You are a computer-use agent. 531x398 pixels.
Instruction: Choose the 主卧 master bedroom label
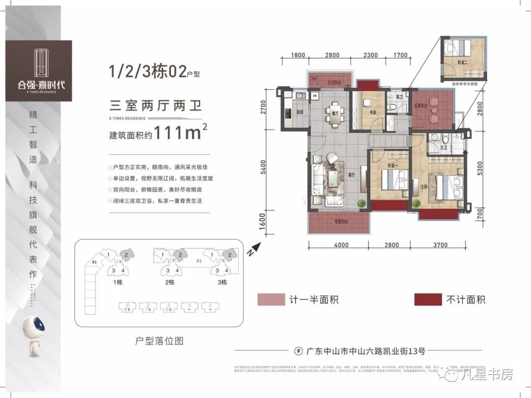pyautogui.click(x=424, y=187)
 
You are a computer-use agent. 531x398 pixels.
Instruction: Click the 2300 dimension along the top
pyautogui.click(x=371, y=55)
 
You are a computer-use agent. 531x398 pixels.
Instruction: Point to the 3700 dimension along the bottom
pyautogui.click(x=440, y=245)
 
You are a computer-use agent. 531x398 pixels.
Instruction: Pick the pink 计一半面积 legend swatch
pyautogui.click(x=271, y=299)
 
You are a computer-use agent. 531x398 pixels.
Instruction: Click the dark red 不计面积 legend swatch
pyautogui.click(x=428, y=299)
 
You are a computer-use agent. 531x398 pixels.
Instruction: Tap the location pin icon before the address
pyautogui.click(x=298, y=351)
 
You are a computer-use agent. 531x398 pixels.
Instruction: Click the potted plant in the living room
pyautogui.click(x=362, y=202)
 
